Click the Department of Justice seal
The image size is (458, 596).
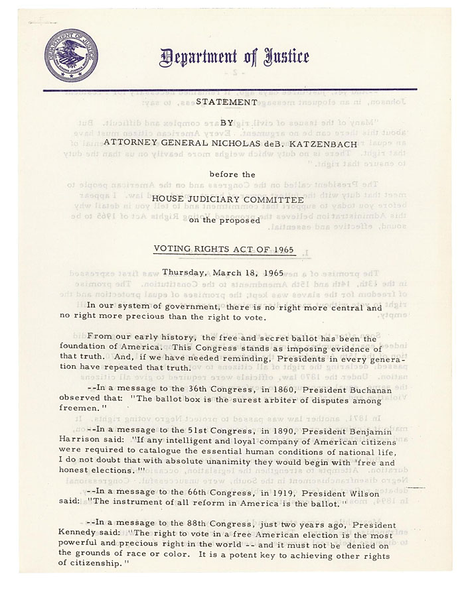pyautogui.click(x=70, y=56)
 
